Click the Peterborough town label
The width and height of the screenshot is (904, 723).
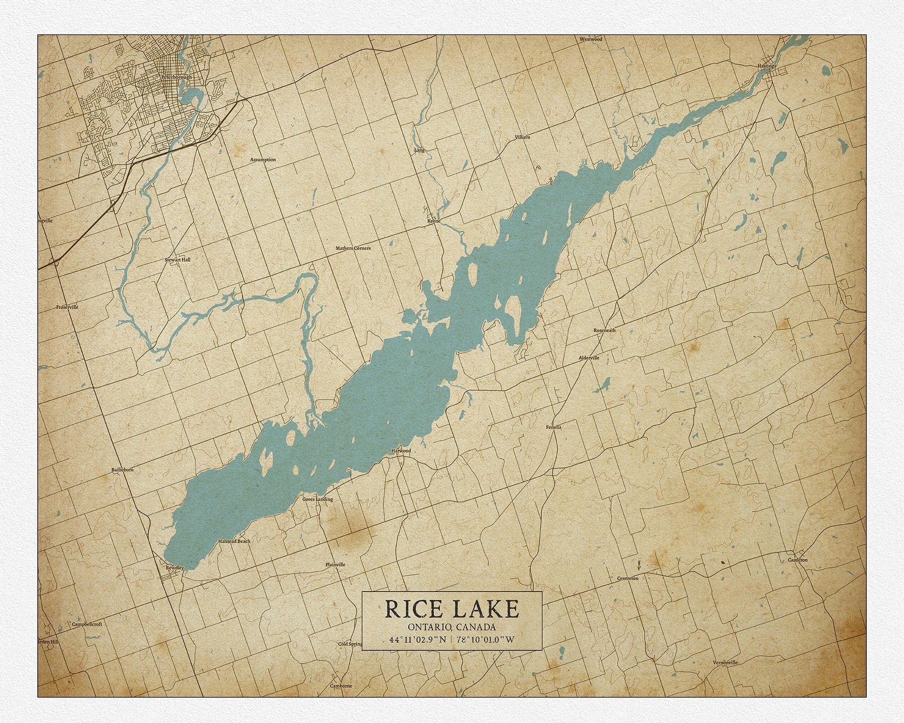pos(176,77)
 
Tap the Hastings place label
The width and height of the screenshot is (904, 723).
pos(766,66)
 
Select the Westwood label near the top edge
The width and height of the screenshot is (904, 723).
pos(591,39)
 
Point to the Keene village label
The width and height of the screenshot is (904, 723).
pos(433,221)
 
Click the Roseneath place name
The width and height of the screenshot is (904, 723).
pos(604,330)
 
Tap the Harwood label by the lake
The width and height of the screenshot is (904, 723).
pos(401,451)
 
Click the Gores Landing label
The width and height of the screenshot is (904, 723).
pos(318,500)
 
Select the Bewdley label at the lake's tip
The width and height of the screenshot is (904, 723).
pos(175,568)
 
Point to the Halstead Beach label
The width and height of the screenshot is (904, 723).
pos(234,541)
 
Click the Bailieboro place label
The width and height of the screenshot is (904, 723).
pos(123,470)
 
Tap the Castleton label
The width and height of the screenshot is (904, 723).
pos(798,560)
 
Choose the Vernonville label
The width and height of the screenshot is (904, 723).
pos(725,663)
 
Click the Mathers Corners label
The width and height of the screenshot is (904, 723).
pos(353,248)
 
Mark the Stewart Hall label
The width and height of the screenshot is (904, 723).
pos(177,260)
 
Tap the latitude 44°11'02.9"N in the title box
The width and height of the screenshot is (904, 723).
pos(418,639)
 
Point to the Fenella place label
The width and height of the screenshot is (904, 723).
pos(554,427)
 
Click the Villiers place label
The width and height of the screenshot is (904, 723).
pos(522,137)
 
